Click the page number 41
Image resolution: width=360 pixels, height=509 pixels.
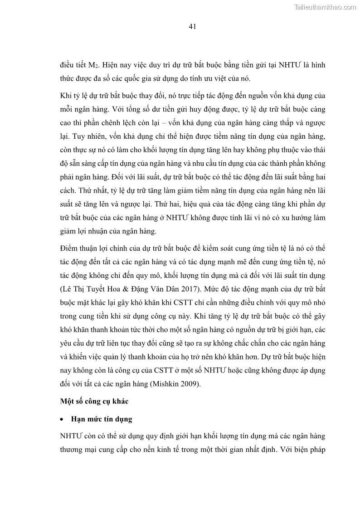(192, 27)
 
